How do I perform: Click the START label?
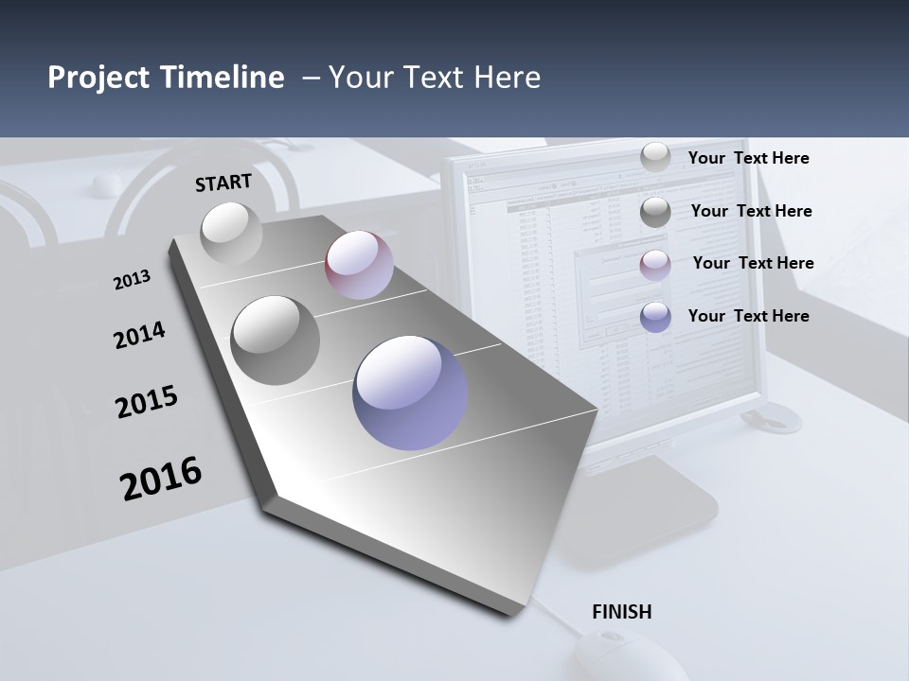[x=223, y=183]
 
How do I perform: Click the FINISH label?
[x=621, y=612]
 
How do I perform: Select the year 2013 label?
[x=132, y=280]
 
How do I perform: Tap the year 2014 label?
[x=139, y=336]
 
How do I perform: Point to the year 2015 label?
[x=147, y=402]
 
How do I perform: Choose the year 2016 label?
[x=161, y=478]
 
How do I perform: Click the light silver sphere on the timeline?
[x=231, y=233]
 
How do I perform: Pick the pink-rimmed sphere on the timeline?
[x=359, y=265]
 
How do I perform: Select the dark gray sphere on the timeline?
[x=276, y=340]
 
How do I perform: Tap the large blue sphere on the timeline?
[x=410, y=393]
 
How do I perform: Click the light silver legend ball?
[x=655, y=158]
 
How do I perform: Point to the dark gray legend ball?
[x=655, y=212]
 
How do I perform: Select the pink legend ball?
[x=655, y=264]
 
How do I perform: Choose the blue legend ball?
[x=655, y=317]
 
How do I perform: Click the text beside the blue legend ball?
[x=748, y=316]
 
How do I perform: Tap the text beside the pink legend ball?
[x=753, y=263]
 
